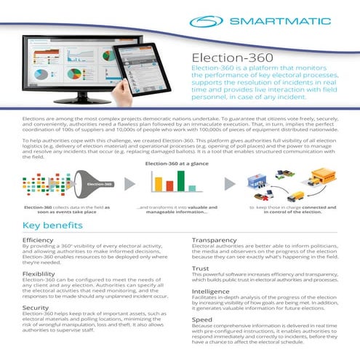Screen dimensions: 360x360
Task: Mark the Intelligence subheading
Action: (x=210, y=292)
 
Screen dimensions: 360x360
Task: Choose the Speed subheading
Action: (x=201, y=319)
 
